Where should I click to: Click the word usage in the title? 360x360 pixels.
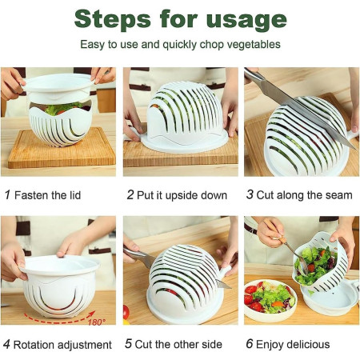coord(247,19)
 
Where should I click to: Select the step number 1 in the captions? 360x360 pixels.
coord(7,195)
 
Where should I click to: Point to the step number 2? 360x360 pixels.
coord(130,195)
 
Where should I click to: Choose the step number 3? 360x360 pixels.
coord(250,195)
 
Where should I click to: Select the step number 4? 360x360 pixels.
coord(7,345)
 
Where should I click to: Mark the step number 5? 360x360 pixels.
coord(130,345)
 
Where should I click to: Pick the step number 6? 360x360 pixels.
coord(250,345)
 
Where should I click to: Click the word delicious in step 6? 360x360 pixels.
coord(304,345)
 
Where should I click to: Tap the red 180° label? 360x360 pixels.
coord(95,322)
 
